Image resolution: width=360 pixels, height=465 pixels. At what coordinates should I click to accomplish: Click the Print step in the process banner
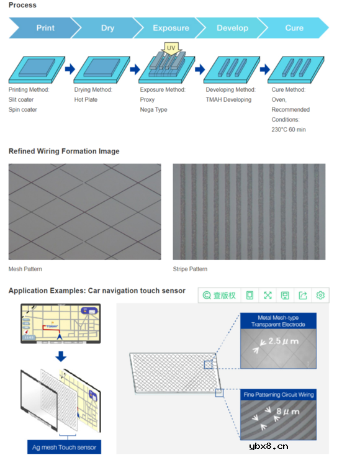45,28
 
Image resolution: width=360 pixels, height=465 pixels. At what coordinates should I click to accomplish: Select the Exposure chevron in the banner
171,28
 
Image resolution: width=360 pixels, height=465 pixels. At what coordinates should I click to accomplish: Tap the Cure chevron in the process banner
294,28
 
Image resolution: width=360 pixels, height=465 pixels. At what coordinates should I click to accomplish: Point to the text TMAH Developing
228,99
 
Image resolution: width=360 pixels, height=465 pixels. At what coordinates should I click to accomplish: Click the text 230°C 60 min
289,130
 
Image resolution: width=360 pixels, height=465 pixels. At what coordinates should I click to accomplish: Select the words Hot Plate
86,99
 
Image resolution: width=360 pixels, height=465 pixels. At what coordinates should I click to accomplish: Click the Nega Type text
153,110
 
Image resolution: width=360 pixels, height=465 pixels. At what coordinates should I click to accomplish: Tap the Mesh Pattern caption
25,269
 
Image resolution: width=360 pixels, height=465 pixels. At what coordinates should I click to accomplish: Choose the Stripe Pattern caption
190,269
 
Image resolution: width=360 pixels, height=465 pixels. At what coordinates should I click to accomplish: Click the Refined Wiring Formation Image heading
64,151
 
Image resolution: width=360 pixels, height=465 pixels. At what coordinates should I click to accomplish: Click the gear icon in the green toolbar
320,296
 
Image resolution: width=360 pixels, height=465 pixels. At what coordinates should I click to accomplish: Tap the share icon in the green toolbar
303,296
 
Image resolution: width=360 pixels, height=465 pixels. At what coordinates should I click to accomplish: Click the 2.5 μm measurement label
284,341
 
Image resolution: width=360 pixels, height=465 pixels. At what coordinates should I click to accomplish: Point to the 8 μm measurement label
287,412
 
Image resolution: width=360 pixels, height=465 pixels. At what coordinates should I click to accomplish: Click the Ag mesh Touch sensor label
64,447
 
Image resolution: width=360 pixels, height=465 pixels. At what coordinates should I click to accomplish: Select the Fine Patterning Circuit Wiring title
279,395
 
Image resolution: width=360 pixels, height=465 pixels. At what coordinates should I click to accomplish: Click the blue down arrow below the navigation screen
61,356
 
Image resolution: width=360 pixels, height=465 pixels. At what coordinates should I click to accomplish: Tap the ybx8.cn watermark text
268,446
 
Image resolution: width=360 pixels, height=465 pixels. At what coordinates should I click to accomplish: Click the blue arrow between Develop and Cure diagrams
265,70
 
